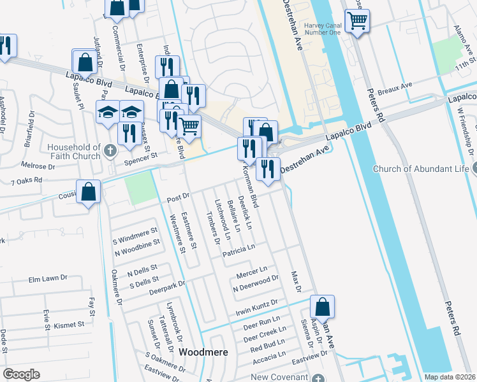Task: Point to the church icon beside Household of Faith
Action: [110, 152]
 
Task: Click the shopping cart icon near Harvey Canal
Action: [357, 21]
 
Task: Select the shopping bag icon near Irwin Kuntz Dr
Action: [323, 308]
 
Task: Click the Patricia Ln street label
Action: [239, 250]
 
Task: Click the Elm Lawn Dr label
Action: [48, 279]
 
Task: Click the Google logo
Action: [22, 374]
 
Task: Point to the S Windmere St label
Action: [135, 240]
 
